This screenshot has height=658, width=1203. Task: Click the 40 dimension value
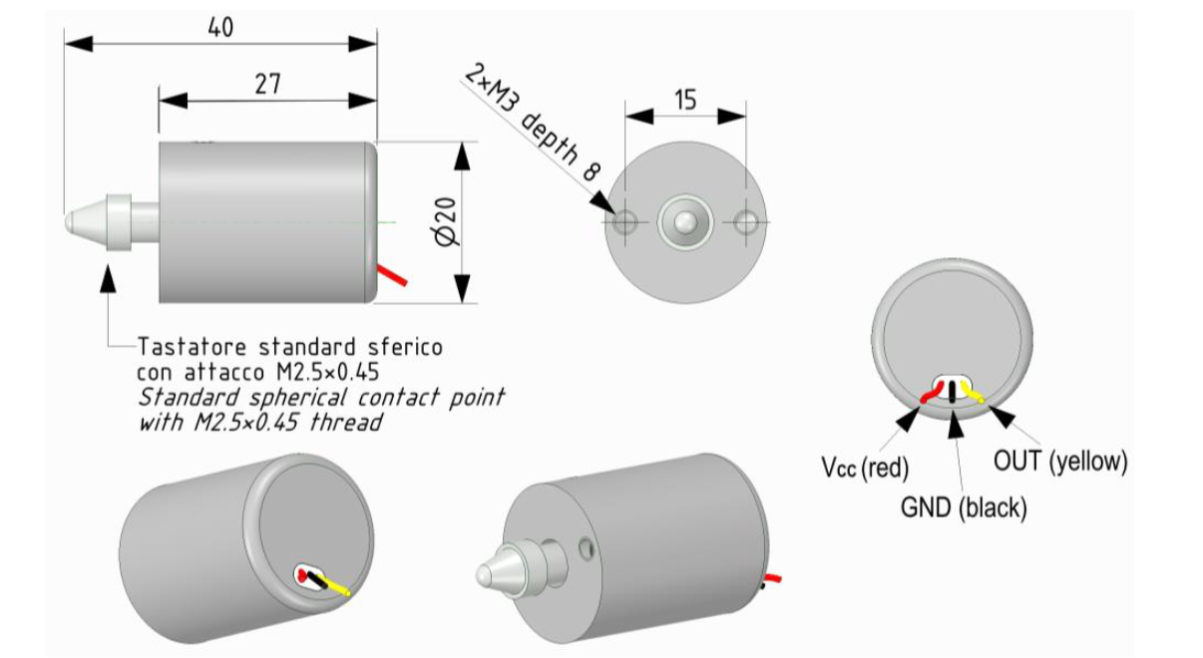click(x=220, y=27)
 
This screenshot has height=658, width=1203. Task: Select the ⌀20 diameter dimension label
click(x=447, y=222)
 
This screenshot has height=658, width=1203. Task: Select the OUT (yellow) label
click(x=1060, y=462)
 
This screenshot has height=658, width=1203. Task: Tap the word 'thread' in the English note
click(x=345, y=422)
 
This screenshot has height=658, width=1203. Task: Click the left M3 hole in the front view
click(x=624, y=222)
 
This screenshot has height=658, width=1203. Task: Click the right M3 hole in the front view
click(x=746, y=222)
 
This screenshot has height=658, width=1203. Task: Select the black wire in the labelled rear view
click(x=954, y=391)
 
